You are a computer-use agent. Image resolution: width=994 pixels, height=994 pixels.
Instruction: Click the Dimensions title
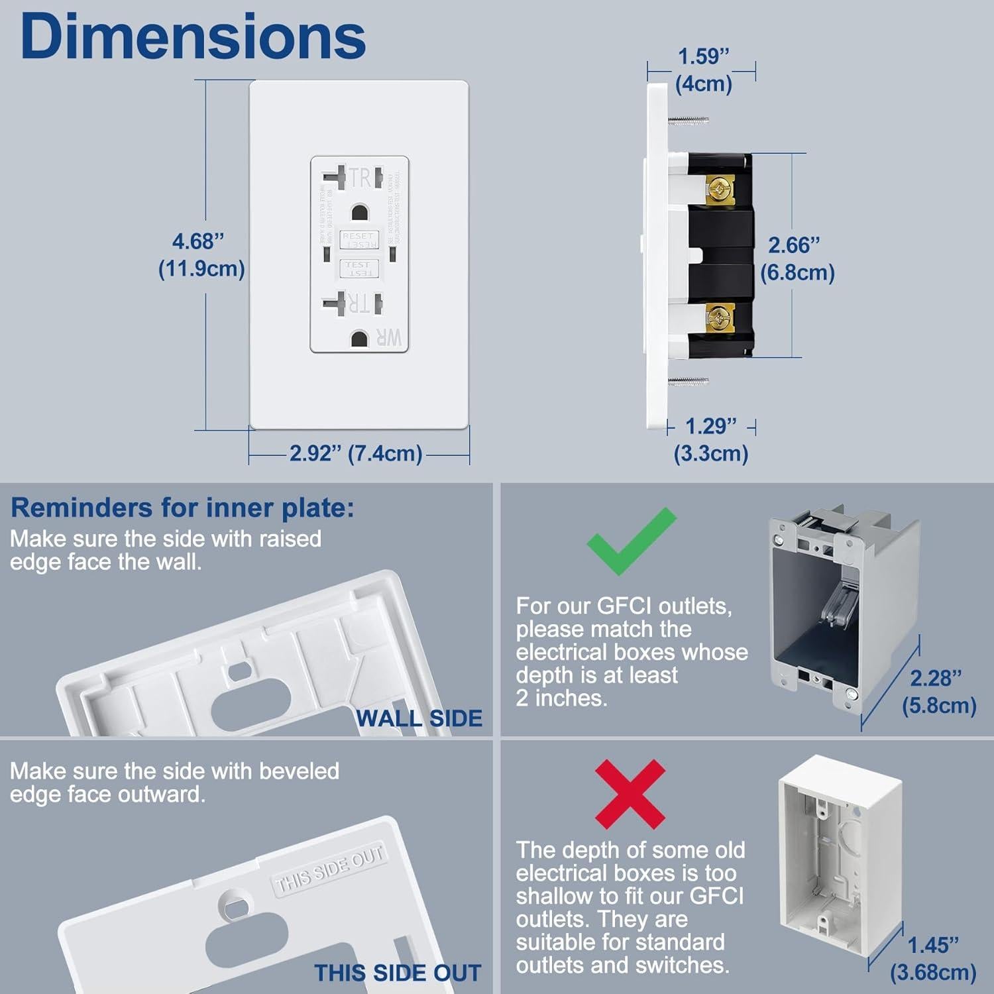click(x=193, y=37)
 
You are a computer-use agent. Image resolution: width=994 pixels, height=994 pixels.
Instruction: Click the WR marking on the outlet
click(x=389, y=337)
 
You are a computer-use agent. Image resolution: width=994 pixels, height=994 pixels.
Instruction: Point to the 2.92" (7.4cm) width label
click(x=356, y=454)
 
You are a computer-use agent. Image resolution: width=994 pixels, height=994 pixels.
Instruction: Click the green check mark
click(x=630, y=541)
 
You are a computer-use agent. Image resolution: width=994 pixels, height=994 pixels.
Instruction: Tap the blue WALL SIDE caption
click(x=419, y=718)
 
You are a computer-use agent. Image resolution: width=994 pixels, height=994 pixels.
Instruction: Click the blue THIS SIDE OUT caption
click(x=398, y=973)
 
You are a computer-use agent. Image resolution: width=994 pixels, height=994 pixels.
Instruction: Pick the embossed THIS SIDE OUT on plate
click(x=329, y=869)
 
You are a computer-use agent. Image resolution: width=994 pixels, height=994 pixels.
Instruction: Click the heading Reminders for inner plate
click(x=182, y=508)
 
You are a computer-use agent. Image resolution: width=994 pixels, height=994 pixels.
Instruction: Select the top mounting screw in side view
click(x=689, y=121)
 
